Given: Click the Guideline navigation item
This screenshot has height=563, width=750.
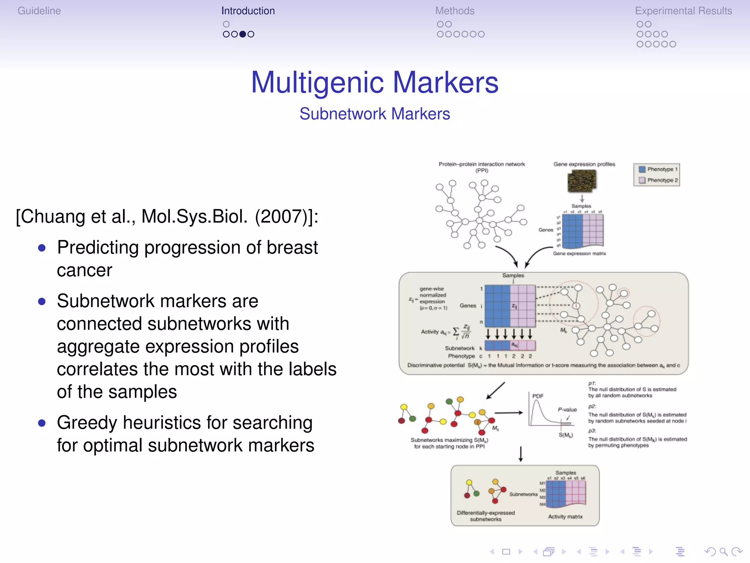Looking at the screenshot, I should [x=39, y=11].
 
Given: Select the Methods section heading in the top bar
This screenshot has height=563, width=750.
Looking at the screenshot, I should [x=454, y=11].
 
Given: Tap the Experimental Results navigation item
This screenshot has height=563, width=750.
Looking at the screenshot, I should [x=683, y=11].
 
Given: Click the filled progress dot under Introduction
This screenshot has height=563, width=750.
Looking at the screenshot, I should [x=242, y=34].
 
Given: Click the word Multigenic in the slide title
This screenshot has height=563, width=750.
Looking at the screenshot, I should [x=317, y=82].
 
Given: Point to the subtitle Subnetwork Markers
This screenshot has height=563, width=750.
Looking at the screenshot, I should [x=375, y=114].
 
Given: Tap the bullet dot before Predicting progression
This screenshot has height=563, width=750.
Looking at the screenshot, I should [x=42, y=248].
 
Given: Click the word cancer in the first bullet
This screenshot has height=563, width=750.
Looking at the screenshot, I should [x=84, y=271].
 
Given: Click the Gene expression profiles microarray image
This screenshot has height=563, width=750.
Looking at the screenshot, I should [x=582, y=181].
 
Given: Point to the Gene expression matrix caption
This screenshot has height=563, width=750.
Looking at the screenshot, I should [x=579, y=254].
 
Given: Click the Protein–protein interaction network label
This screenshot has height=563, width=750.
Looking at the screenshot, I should [x=482, y=164].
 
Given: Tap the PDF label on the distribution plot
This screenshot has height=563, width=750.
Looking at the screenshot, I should [x=538, y=396].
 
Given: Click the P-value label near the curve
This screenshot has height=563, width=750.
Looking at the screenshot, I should [x=567, y=409].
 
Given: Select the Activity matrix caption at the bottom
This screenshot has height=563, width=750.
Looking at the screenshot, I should [x=565, y=517].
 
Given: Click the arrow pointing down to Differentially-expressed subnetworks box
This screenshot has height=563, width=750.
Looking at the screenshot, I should [x=521, y=454].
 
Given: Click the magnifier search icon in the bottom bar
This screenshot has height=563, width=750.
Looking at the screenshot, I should [x=723, y=552].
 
